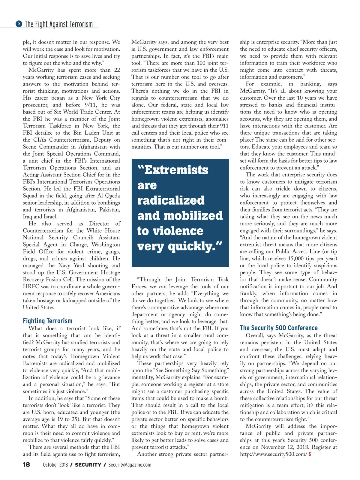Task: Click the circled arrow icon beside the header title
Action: pos(19,24)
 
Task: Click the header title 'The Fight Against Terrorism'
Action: pos(59,24)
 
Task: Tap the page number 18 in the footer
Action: pos(26,464)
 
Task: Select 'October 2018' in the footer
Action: pos(55,465)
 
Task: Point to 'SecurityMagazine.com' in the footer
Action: pos(130,465)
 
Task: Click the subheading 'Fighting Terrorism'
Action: pos(47,321)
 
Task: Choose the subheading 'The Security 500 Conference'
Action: pos(279,328)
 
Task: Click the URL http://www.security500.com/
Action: pos(273,454)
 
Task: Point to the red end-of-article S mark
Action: pos(310,454)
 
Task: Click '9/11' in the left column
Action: pos(91,105)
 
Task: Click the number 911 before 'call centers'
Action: pos(223,126)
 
